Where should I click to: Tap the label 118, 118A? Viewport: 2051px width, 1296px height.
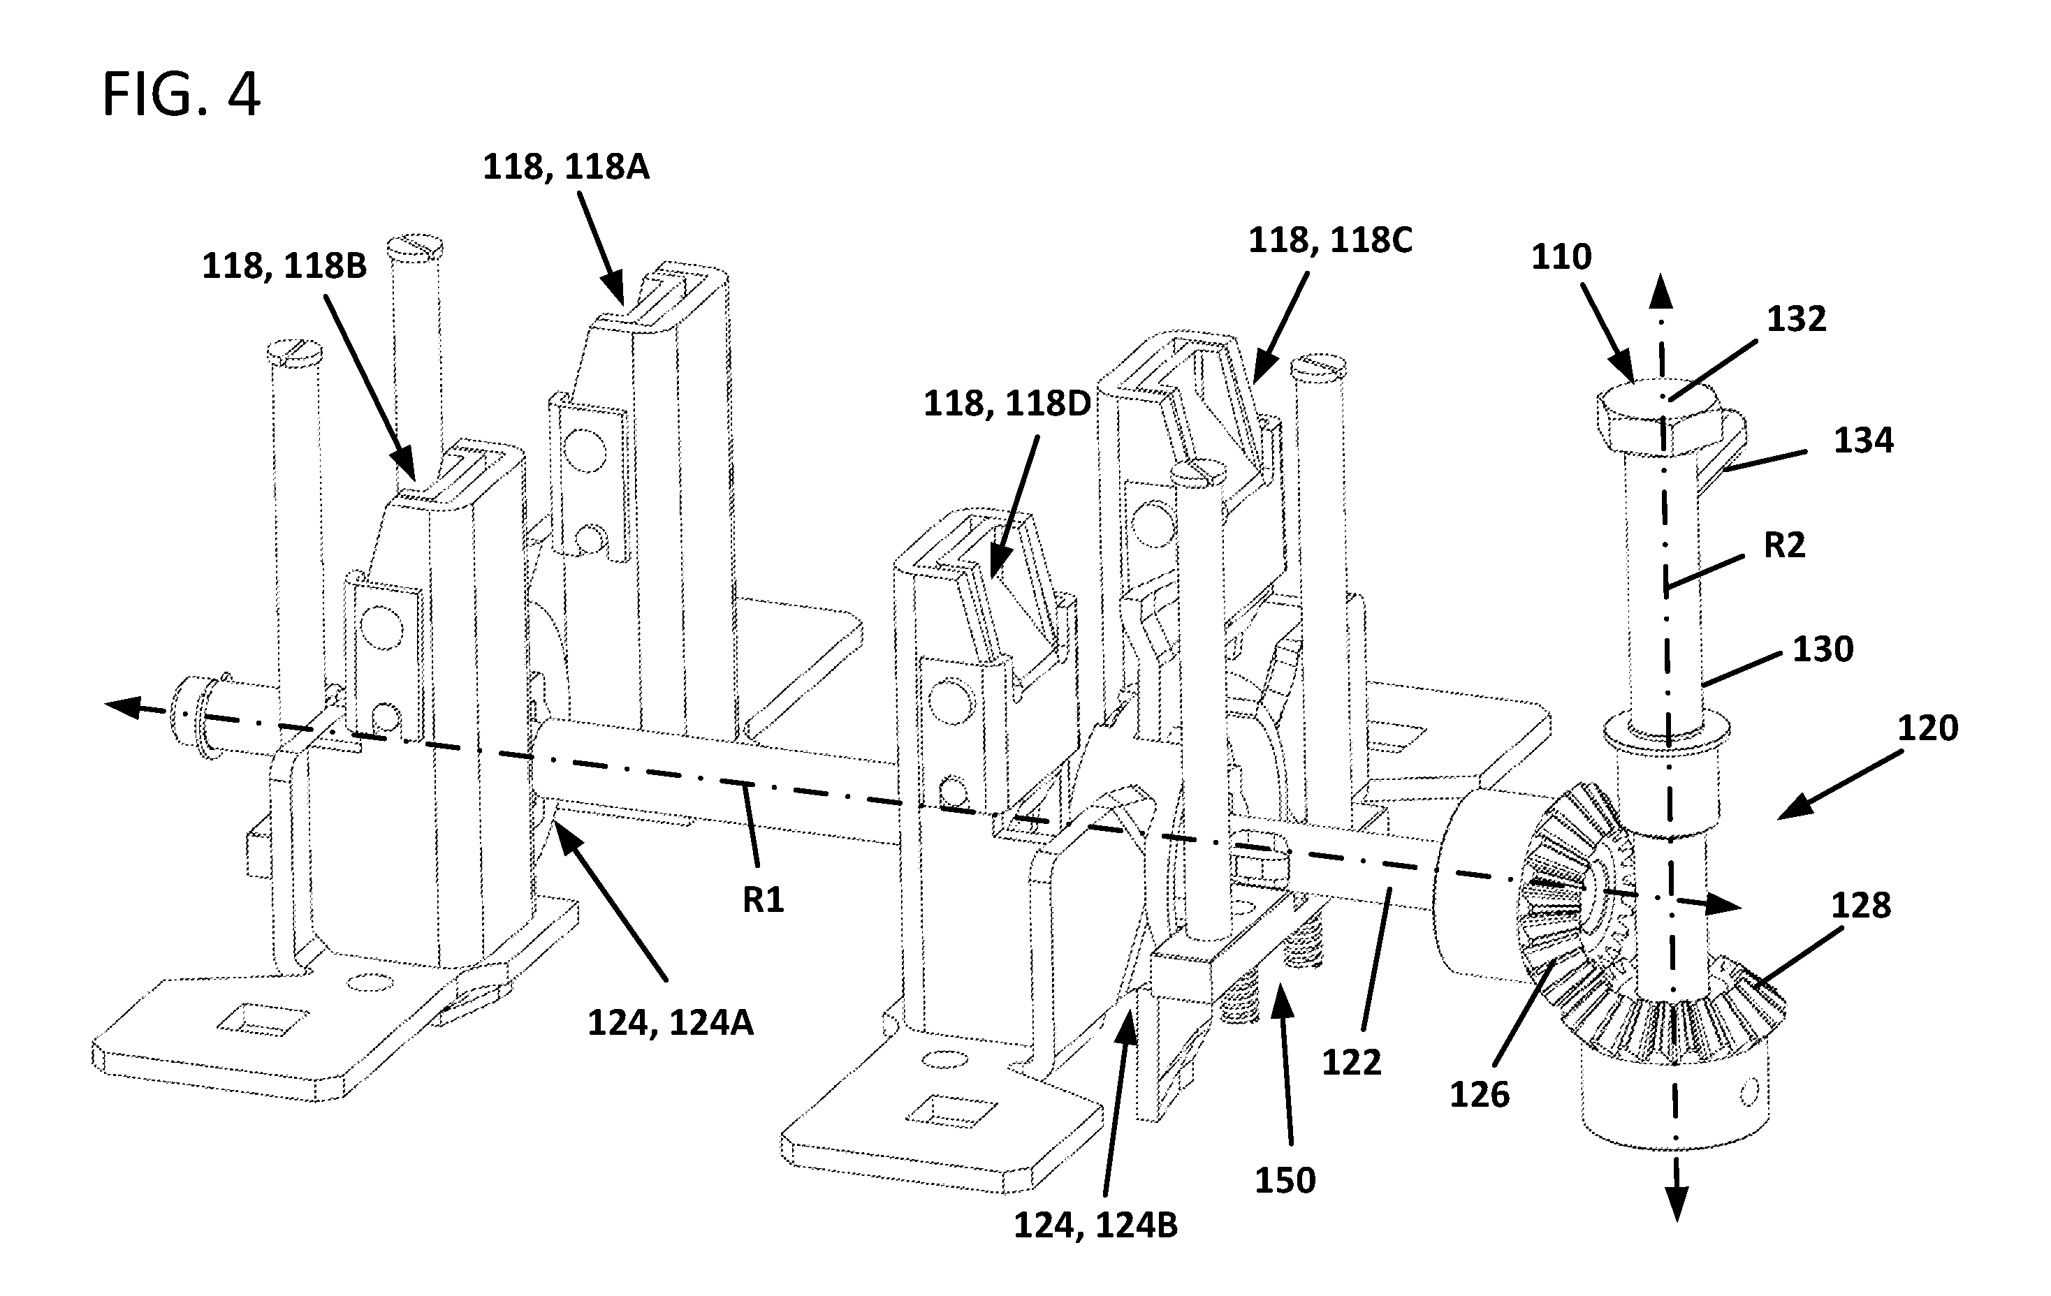(566, 167)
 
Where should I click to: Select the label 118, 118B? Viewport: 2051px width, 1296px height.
(284, 265)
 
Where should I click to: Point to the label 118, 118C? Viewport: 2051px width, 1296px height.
(1330, 240)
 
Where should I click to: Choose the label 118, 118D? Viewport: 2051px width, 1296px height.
(1007, 404)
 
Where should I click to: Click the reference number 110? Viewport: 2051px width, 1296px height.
(1561, 256)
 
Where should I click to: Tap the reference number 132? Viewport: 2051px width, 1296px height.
(1796, 318)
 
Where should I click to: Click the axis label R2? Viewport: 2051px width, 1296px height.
(1784, 544)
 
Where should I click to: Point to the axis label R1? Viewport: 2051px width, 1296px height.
(762, 899)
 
